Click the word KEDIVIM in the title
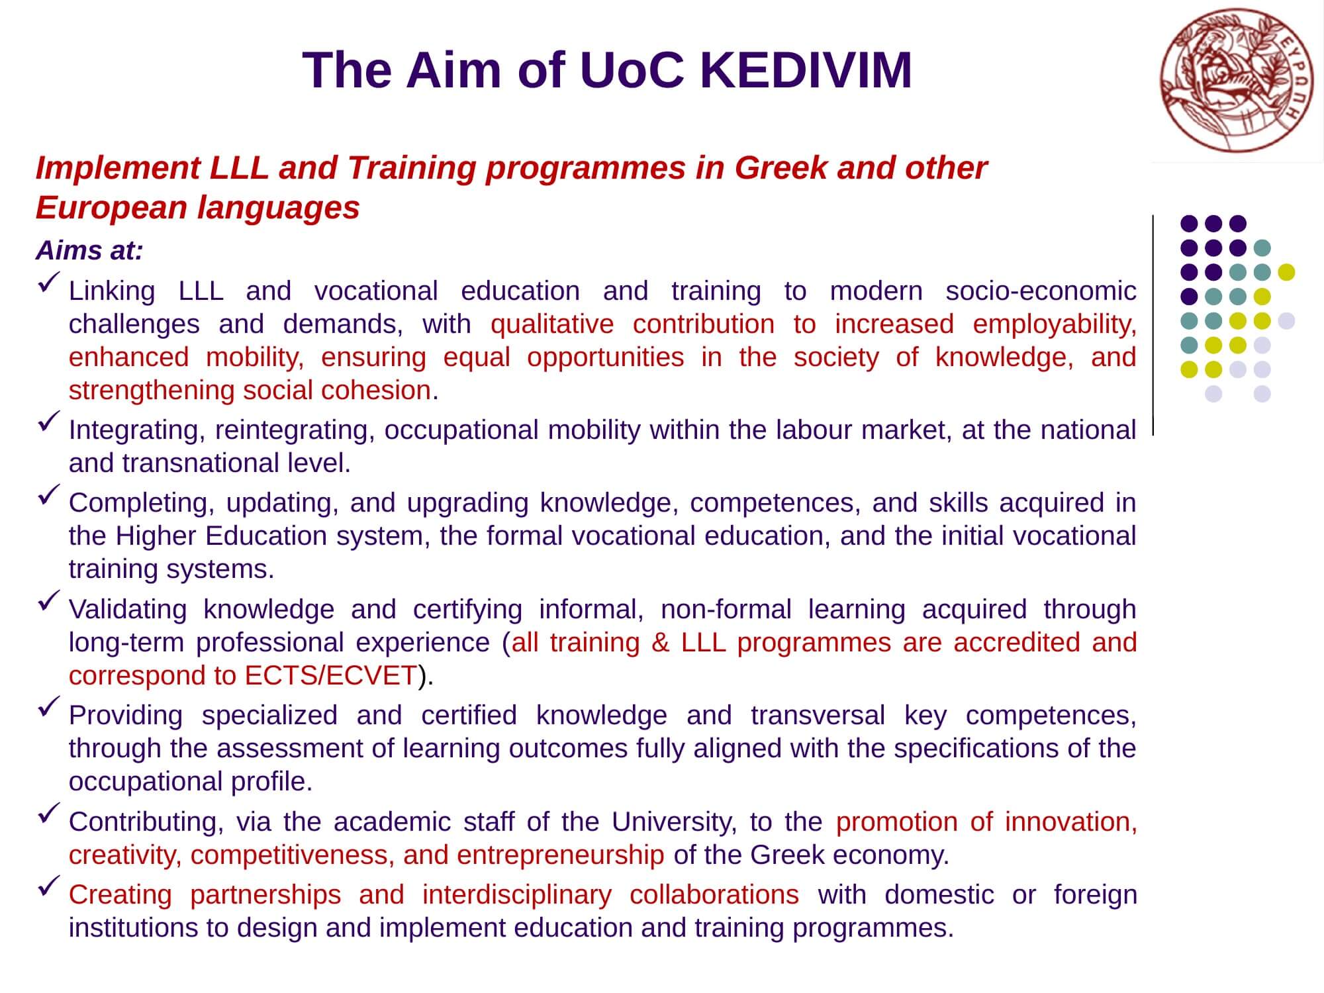806,70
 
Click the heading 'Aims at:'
89,251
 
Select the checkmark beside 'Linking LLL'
49,283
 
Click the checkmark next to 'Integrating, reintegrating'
49,422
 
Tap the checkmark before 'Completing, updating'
49,495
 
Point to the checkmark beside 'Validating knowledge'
49,601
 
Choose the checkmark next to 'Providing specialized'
49,707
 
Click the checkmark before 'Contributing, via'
49,814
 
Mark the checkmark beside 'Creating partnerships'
49,886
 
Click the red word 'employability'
1055,325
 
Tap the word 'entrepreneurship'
560,855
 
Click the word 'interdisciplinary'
517,895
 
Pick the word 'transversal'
818,716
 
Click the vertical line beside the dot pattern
1153,324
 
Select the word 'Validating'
128,610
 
